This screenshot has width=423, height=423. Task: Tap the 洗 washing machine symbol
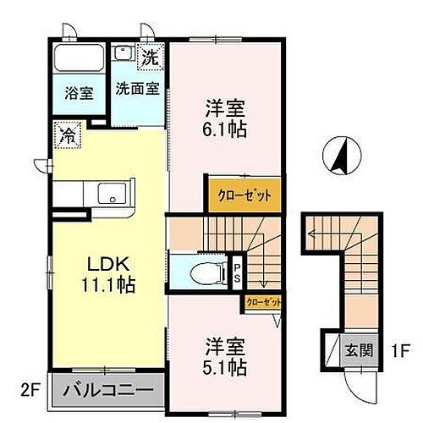pos(150,59)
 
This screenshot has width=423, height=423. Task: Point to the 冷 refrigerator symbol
pos(64,133)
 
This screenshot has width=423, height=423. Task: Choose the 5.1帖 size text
pos(223,367)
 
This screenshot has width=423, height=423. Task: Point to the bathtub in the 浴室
pos(78,61)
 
